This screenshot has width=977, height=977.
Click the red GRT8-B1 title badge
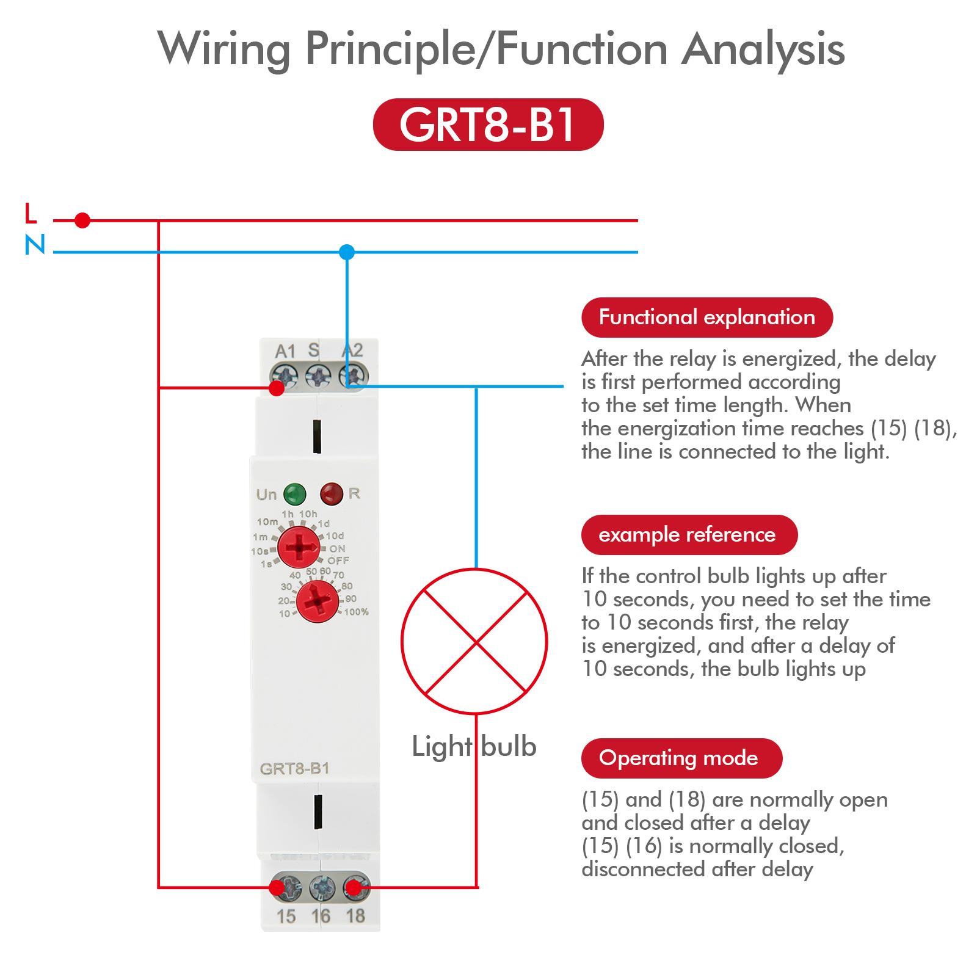click(488, 125)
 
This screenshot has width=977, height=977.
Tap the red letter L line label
click(31, 214)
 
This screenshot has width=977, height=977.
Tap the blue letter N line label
click(35, 245)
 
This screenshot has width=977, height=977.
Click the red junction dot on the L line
click(82, 220)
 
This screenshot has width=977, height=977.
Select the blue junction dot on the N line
click(347, 252)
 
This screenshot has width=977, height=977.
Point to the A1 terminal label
click(285, 352)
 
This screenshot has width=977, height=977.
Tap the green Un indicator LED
click(295, 493)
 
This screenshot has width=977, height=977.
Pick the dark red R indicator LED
click(332, 493)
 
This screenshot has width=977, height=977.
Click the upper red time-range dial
click(299, 547)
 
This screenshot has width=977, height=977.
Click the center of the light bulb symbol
click(474, 641)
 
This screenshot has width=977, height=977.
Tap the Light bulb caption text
click(474, 746)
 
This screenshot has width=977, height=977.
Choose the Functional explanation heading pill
click(706, 318)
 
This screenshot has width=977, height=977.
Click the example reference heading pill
click(689, 535)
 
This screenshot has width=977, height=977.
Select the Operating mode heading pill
click(681, 758)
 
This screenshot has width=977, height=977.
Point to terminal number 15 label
click(286, 916)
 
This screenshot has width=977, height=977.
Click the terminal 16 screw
click(321, 888)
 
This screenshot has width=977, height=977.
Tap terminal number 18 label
click(355, 916)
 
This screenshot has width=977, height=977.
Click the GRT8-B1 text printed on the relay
click(294, 768)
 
